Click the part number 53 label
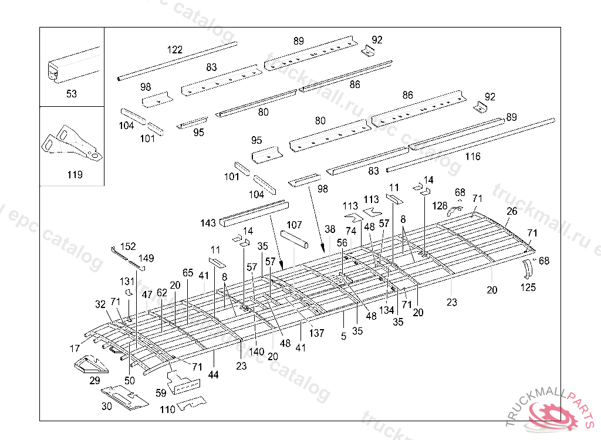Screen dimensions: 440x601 pyautogui.click(x=72, y=94)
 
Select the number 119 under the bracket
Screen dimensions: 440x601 pyautogui.click(x=75, y=175)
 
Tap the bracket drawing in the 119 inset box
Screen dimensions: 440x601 pyautogui.click(x=71, y=144)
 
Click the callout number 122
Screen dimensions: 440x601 pyautogui.click(x=174, y=50)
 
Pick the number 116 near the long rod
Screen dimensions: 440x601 pyautogui.click(x=472, y=157)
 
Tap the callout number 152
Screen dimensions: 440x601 pyautogui.click(x=128, y=246)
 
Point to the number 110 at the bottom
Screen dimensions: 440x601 pyautogui.click(x=167, y=409)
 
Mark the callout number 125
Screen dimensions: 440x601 pyautogui.click(x=528, y=287)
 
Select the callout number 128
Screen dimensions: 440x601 pyautogui.click(x=440, y=205)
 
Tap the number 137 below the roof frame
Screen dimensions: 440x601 pyautogui.click(x=317, y=334)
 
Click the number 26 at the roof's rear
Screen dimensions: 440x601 pyautogui.click(x=512, y=211)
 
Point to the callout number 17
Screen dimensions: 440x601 pyautogui.click(x=75, y=348)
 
